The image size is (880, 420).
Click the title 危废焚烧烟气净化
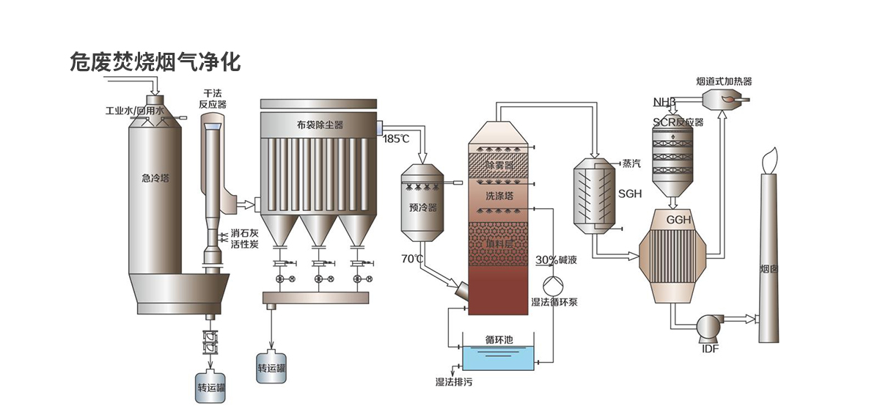[155, 62]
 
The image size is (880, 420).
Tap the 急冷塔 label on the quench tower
[154, 177]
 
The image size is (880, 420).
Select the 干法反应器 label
[213, 99]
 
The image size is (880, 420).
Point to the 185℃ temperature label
[396, 138]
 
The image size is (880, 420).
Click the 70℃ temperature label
[411, 259]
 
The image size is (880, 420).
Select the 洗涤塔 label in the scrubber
[499, 196]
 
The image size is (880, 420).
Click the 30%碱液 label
[557, 260]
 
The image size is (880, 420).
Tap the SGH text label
[630, 194]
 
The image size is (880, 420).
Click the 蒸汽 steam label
[631, 163]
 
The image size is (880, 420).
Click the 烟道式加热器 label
[724, 81]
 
